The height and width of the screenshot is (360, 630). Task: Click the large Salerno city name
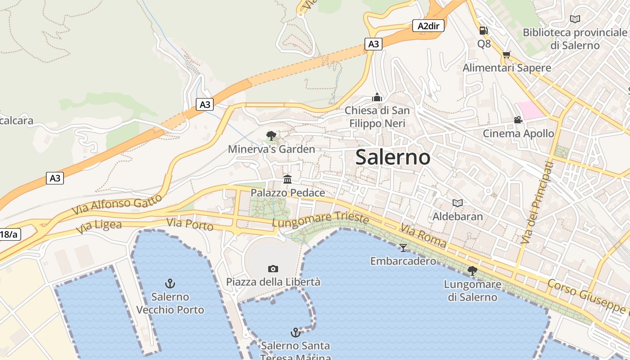pyautogui.click(x=392, y=157)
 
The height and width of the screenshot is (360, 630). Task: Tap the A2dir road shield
pyautogui.click(x=428, y=26)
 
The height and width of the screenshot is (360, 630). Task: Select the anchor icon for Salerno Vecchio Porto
pyautogui.click(x=170, y=283)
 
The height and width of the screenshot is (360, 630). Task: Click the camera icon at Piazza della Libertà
pyautogui.click(x=273, y=269)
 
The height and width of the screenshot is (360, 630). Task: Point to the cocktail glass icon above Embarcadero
pyautogui.click(x=403, y=247)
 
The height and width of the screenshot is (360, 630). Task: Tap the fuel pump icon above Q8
pyautogui.click(x=484, y=31)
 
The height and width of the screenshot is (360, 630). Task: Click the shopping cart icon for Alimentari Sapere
pyautogui.click(x=507, y=55)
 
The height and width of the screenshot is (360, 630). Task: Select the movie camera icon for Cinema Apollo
pyautogui.click(x=518, y=120)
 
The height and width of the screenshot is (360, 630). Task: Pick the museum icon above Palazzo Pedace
pyautogui.click(x=287, y=180)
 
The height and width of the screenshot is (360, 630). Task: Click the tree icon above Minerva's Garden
pyautogui.click(x=271, y=135)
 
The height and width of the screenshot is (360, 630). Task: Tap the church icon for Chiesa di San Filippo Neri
pyautogui.click(x=377, y=97)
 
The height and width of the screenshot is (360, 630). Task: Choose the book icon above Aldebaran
pyautogui.click(x=457, y=203)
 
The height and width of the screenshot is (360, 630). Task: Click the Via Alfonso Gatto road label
pyautogui.click(x=117, y=205)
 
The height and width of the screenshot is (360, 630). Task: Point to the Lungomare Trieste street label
pyautogui.click(x=320, y=219)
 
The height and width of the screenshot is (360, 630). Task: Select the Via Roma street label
pyautogui.click(x=423, y=236)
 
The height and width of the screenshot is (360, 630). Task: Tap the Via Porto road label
pyautogui.click(x=190, y=224)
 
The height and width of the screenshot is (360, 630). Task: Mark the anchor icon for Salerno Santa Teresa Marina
pyautogui.click(x=295, y=333)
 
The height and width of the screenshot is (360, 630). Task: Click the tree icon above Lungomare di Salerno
pyautogui.click(x=472, y=270)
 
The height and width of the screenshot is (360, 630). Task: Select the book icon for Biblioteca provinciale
pyautogui.click(x=575, y=19)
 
